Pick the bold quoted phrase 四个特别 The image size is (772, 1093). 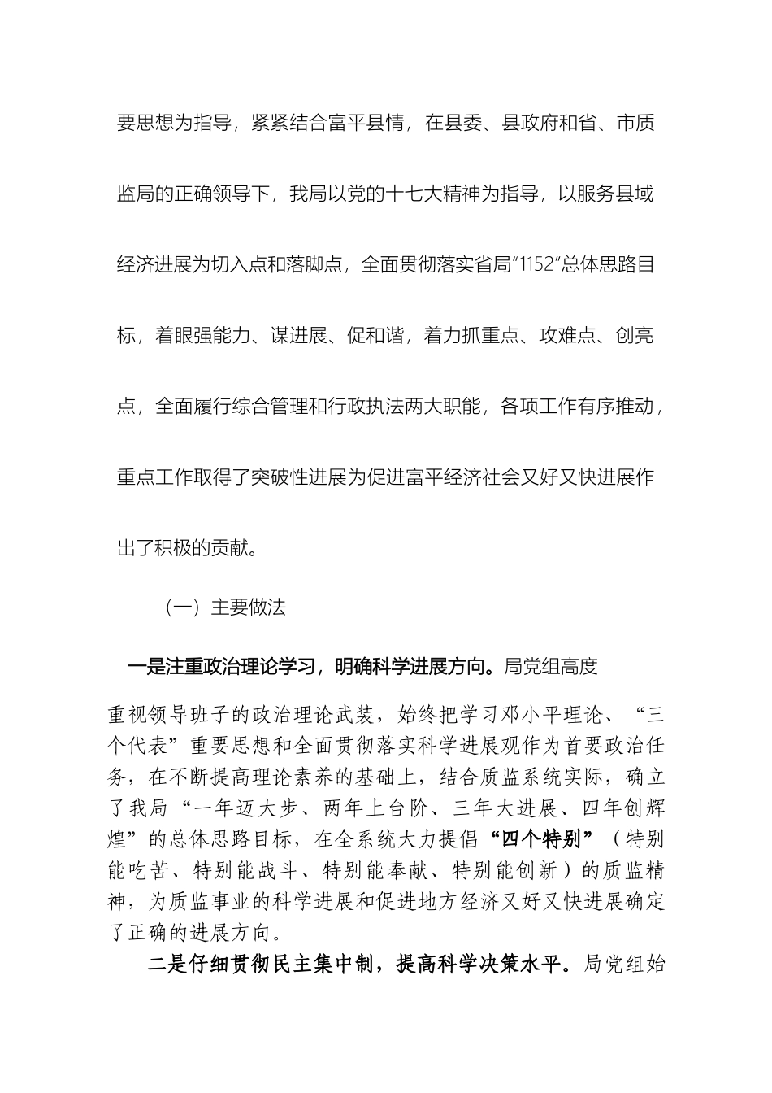click(x=540, y=839)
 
